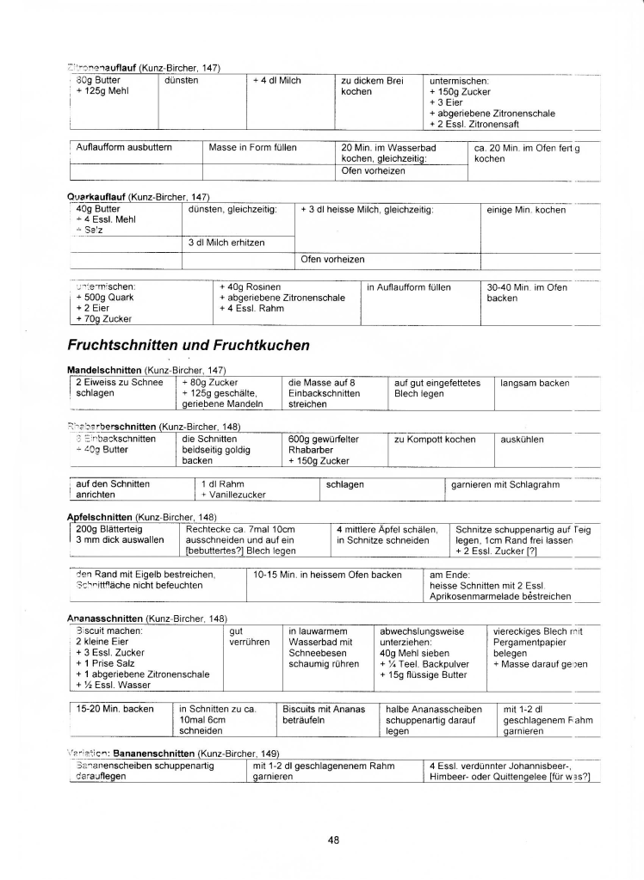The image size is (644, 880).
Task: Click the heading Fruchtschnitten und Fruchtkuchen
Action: [188, 345]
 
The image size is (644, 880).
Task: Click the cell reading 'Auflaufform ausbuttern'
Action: [125, 147]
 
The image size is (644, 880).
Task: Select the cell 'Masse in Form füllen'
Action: [253, 147]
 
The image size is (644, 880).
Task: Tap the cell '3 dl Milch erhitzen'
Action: [227, 243]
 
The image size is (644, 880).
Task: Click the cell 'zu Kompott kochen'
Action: [435, 440]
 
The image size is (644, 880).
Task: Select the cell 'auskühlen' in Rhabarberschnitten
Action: [522, 440]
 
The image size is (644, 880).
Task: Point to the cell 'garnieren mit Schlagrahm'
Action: [505, 484]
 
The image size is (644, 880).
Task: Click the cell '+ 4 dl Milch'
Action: [277, 80]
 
